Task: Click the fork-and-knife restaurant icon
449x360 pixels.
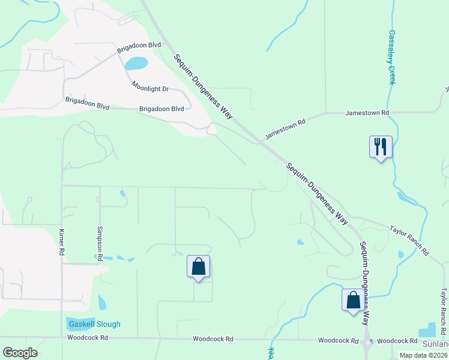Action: [381, 146]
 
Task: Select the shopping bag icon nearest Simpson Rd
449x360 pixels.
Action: [198, 266]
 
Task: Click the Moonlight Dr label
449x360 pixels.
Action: [151, 89]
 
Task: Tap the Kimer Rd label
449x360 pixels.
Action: [61, 242]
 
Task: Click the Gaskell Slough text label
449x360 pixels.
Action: [94, 324]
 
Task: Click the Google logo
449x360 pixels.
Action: [20, 353]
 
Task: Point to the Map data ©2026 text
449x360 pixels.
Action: [423, 355]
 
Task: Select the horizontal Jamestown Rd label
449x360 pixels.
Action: [367, 113]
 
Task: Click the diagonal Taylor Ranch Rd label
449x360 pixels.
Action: [409, 238]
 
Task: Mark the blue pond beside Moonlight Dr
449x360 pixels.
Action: [136, 63]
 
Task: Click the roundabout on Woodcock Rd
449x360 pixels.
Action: [367, 342]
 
